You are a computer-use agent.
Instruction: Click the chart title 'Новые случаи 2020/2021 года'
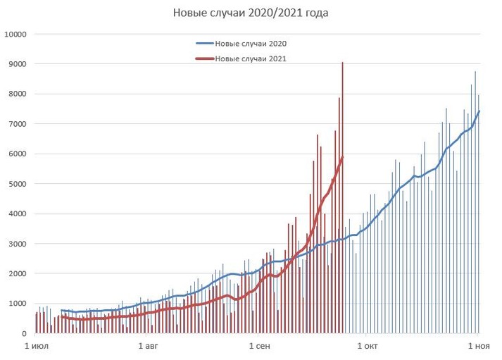click(x=251, y=13)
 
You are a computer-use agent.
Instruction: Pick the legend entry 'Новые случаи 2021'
click(x=251, y=59)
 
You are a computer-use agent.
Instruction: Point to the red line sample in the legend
click(x=205, y=59)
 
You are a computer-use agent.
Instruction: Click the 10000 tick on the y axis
click(x=15, y=34)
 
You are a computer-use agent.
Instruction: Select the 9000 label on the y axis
click(x=18, y=64)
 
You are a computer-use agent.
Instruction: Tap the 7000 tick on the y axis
click(x=18, y=124)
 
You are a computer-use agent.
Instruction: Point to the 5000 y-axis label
click(x=18, y=184)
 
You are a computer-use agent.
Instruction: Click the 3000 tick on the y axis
click(x=18, y=244)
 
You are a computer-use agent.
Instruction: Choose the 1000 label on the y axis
click(x=18, y=304)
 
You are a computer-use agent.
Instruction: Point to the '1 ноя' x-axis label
click(x=479, y=347)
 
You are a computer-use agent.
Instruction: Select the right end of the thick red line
click(x=342, y=158)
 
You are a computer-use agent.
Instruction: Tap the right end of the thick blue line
click(x=479, y=111)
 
